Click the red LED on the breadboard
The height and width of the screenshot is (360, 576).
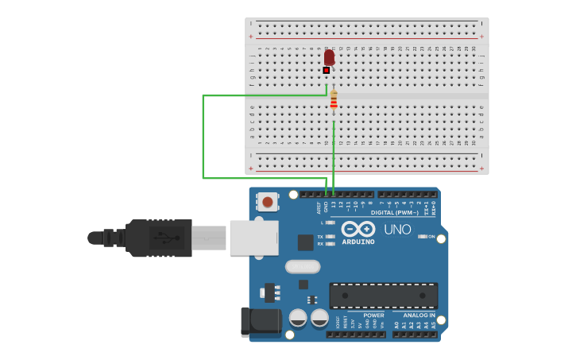[x=329, y=57]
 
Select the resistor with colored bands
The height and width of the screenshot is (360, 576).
[x=334, y=100]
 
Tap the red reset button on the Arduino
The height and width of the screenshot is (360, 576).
[x=268, y=202]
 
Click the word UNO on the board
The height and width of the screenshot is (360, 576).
[x=397, y=230]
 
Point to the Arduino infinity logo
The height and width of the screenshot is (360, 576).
[x=358, y=229]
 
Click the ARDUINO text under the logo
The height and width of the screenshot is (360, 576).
[x=358, y=242]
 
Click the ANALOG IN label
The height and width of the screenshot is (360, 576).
[x=419, y=315]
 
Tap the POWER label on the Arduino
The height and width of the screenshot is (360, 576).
[x=373, y=315]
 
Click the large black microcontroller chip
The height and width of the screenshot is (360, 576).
[x=383, y=296]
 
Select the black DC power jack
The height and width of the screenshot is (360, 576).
[x=261, y=321]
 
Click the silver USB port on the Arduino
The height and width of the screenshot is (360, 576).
[x=254, y=238]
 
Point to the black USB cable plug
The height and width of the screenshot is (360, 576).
[x=159, y=238]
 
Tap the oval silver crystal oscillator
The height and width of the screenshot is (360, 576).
[x=303, y=266]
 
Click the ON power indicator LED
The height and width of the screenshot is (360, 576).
[x=423, y=237]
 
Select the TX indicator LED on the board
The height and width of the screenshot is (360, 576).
[x=331, y=236]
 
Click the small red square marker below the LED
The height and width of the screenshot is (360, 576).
[x=326, y=70]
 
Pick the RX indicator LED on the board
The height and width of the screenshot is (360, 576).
[x=331, y=244]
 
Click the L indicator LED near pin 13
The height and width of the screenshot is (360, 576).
[x=331, y=223]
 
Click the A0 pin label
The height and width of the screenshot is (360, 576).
[x=396, y=324]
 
